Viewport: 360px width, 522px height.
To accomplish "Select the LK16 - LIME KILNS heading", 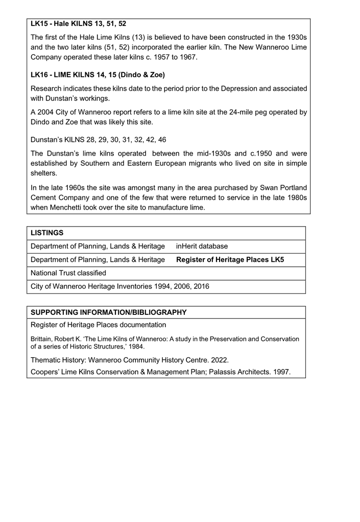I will [98, 75].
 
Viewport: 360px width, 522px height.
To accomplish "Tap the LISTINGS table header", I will [47, 233].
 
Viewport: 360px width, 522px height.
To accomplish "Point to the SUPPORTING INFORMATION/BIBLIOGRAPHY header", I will [109, 312].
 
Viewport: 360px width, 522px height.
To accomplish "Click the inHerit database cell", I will [202, 246].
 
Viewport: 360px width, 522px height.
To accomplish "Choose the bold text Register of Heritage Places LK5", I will [230, 260].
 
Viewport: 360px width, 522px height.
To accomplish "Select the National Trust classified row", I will [68, 273].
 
